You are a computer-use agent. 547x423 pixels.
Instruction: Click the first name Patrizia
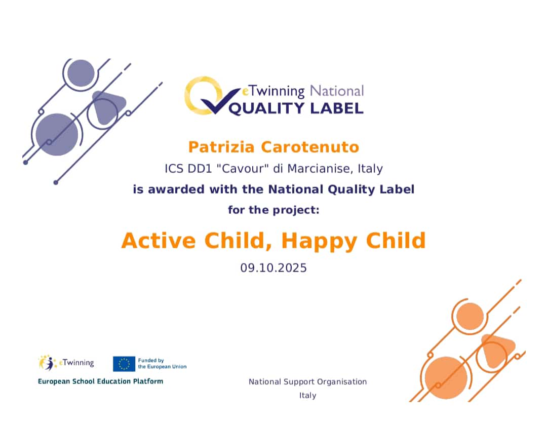pyautogui.click(x=221, y=147)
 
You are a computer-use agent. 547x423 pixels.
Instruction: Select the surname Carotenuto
pyautogui.click(x=310, y=147)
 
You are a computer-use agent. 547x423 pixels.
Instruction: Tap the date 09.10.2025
pyautogui.click(x=273, y=267)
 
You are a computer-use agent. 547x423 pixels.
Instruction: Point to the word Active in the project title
pyautogui.click(x=159, y=241)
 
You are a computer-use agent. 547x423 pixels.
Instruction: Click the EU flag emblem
pyautogui.click(x=124, y=364)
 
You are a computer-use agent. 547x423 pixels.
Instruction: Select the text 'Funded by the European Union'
pyautogui.click(x=162, y=363)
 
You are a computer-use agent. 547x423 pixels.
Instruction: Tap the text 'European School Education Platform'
pyautogui.click(x=100, y=381)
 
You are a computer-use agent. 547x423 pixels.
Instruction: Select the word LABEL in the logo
pyautogui.click(x=337, y=108)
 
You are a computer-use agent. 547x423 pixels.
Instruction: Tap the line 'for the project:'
pyautogui.click(x=273, y=210)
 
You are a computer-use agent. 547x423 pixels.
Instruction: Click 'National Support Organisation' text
pyautogui.click(x=308, y=381)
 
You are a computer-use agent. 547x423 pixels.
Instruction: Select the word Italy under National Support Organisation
pyautogui.click(x=308, y=396)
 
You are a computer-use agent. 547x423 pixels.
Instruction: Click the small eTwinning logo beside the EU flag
pyautogui.click(x=66, y=363)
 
